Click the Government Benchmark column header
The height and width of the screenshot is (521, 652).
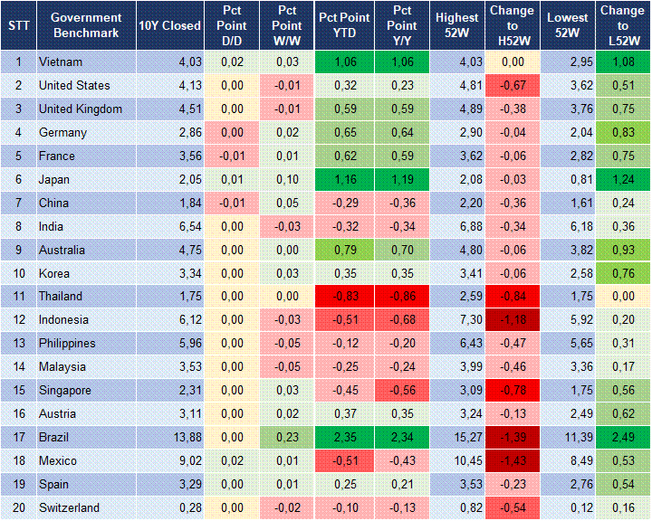[x=86, y=25]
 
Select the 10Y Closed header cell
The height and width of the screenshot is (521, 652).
[x=169, y=25]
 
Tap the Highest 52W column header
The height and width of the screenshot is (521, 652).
[x=456, y=25]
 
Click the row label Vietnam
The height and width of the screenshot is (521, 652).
[x=61, y=62]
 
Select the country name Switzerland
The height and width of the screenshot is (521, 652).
[x=69, y=508]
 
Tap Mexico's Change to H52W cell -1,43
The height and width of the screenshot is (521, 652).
[x=513, y=461]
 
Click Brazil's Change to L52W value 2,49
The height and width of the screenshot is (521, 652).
[x=623, y=438]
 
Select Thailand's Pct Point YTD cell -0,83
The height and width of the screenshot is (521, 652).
[x=343, y=297]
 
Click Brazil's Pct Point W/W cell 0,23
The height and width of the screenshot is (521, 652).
[x=287, y=438]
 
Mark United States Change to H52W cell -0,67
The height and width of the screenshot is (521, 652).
[x=513, y=86]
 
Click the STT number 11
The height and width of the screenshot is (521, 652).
[x=18, y=297]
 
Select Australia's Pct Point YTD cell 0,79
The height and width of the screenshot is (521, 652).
[x=343, y=250]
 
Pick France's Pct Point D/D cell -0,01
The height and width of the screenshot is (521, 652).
[x=231, y=156]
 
